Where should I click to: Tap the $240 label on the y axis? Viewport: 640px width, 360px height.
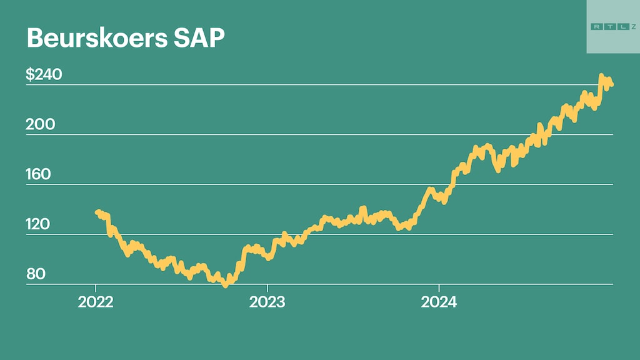[44, 75]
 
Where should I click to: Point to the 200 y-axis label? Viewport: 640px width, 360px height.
[40, 125]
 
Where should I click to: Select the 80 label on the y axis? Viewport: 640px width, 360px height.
[36, 275]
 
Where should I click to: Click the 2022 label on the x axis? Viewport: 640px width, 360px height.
[96, 303]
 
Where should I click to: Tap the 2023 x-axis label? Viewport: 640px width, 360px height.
[267, 303]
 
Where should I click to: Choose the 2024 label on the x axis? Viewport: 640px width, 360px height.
[439, 303]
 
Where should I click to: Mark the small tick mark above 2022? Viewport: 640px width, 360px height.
[96, 289]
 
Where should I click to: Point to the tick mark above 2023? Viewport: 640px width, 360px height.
[267, 289]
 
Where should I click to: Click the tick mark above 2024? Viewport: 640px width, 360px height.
[439, 289]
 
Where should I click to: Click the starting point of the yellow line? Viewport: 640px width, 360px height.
[97, 212]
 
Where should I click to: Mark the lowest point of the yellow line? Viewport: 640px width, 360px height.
[225, 284]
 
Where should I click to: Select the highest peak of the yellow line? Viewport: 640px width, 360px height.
[601, 76]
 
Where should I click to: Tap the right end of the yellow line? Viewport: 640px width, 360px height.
[611, 84]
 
